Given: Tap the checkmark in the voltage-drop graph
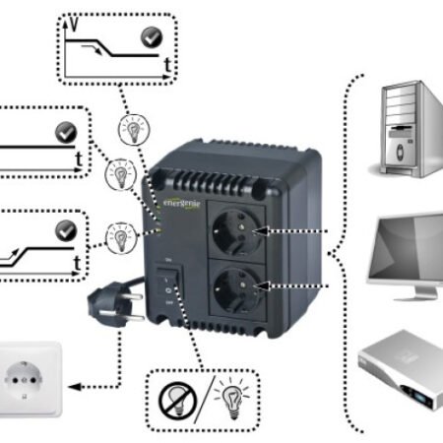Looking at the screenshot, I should point(152,38).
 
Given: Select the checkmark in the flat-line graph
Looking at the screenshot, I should point(66,131).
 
